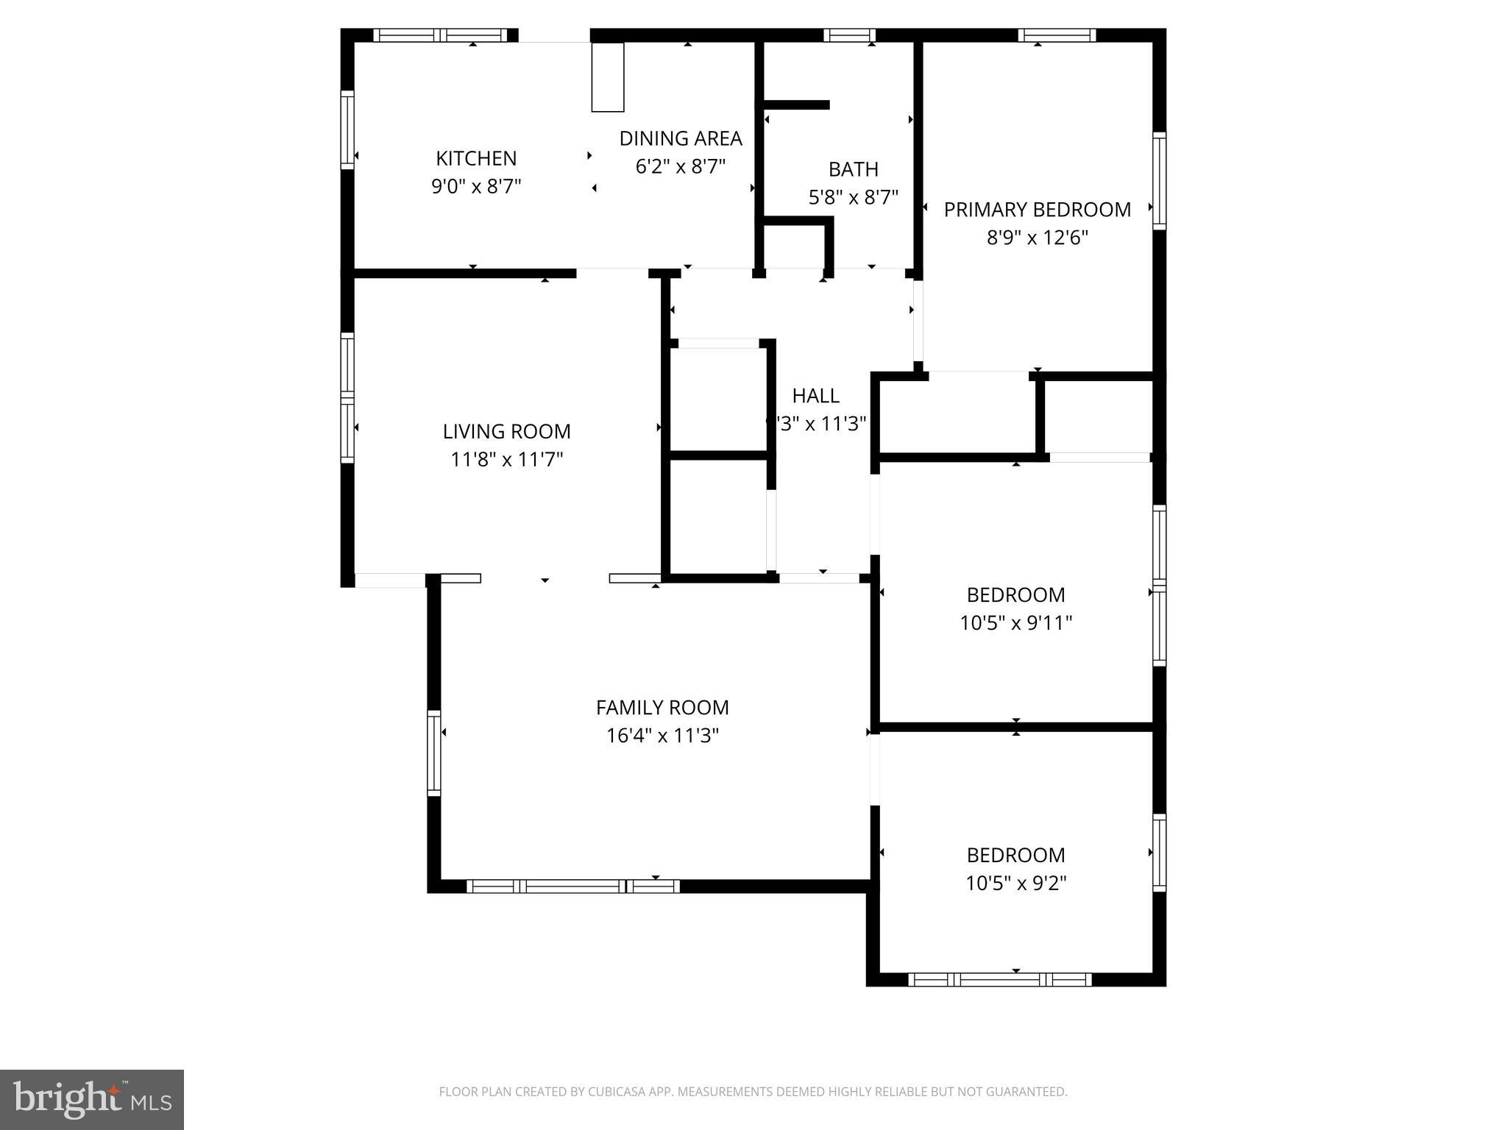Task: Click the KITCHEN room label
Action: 476,158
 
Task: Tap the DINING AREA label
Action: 681,138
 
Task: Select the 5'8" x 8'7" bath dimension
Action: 854,197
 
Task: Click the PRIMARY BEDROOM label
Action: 1037,210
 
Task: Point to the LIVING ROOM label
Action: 506,431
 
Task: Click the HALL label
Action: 815,396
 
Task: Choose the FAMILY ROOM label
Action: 662,708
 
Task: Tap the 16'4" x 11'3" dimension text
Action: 662,736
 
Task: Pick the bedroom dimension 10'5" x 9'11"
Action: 1015,623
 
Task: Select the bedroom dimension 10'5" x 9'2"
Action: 1015,883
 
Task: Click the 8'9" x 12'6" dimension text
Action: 1037,238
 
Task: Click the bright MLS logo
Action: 91,1099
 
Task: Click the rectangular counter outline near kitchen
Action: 608,77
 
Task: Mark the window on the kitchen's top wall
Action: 440,35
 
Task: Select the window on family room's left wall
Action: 434,753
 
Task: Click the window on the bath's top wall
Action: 849,35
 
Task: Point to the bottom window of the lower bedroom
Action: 1001,979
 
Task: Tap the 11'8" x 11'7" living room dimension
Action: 506,460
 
